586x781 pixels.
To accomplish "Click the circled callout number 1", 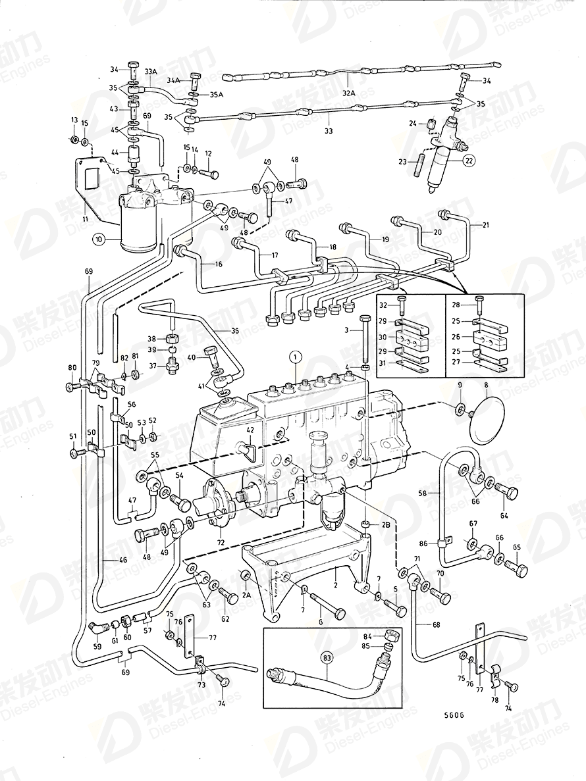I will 296,357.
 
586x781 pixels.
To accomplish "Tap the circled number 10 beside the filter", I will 99,239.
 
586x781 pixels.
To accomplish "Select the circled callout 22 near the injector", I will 468,161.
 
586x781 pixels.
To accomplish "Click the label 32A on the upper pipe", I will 348,94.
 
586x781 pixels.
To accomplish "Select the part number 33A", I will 151,72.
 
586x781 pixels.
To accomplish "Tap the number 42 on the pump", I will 250,430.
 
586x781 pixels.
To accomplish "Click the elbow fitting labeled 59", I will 96,628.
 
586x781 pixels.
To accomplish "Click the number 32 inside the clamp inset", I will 400,305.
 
